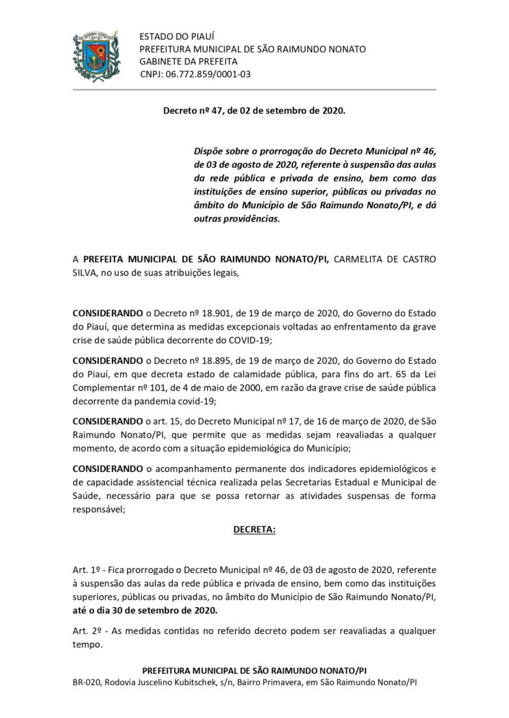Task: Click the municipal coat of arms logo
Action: click(98, 51)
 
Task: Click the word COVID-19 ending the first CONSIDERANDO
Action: click(250, 339)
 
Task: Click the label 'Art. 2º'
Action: click(88, 629)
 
